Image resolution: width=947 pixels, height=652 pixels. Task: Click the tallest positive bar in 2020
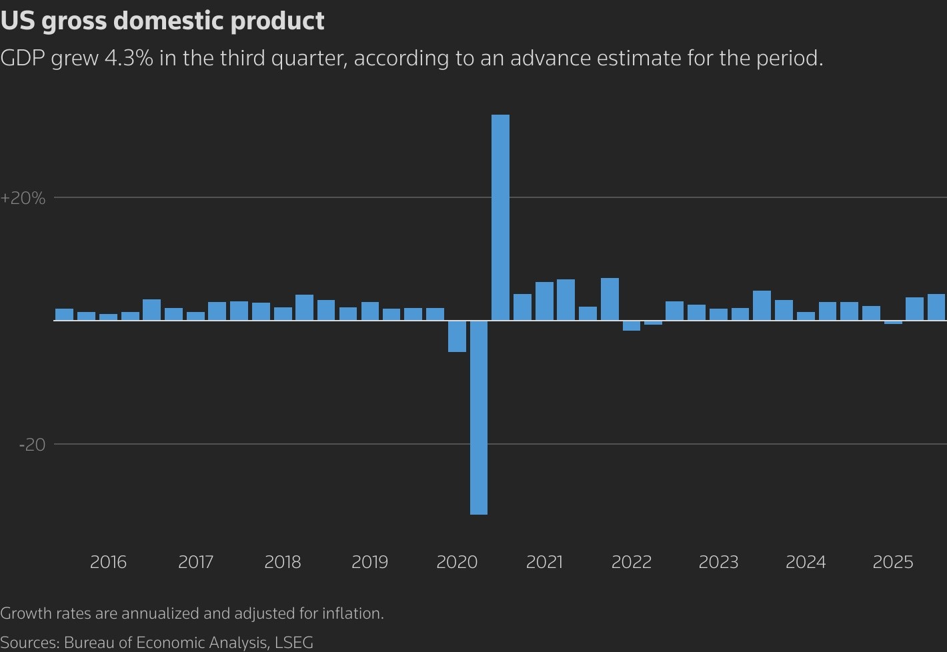tap(500, 217)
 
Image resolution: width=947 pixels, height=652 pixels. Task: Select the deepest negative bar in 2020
tap(478, 417)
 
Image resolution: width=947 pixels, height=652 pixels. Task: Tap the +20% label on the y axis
tap(23, 198)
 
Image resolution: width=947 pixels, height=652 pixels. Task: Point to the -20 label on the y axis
tap(32, 445)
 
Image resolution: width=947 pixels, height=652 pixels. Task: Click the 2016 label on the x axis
tap(108, 562)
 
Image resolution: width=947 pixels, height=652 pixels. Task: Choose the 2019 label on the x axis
tap(369, 562)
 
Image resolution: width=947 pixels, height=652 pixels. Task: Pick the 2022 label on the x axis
tap(631, 562)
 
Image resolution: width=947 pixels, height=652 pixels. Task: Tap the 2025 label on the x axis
tap(892, 562)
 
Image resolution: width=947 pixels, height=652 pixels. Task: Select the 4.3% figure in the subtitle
tap(129, 58)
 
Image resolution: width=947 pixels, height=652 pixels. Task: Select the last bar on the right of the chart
tap(936, 307)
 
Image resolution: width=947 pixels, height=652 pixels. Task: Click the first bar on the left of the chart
tap(65, 315)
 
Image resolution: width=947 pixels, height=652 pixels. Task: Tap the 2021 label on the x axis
tap(544, 562)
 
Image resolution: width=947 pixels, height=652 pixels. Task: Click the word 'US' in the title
tap(17, 21)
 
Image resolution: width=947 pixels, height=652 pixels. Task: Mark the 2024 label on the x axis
tap(805, 562)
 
